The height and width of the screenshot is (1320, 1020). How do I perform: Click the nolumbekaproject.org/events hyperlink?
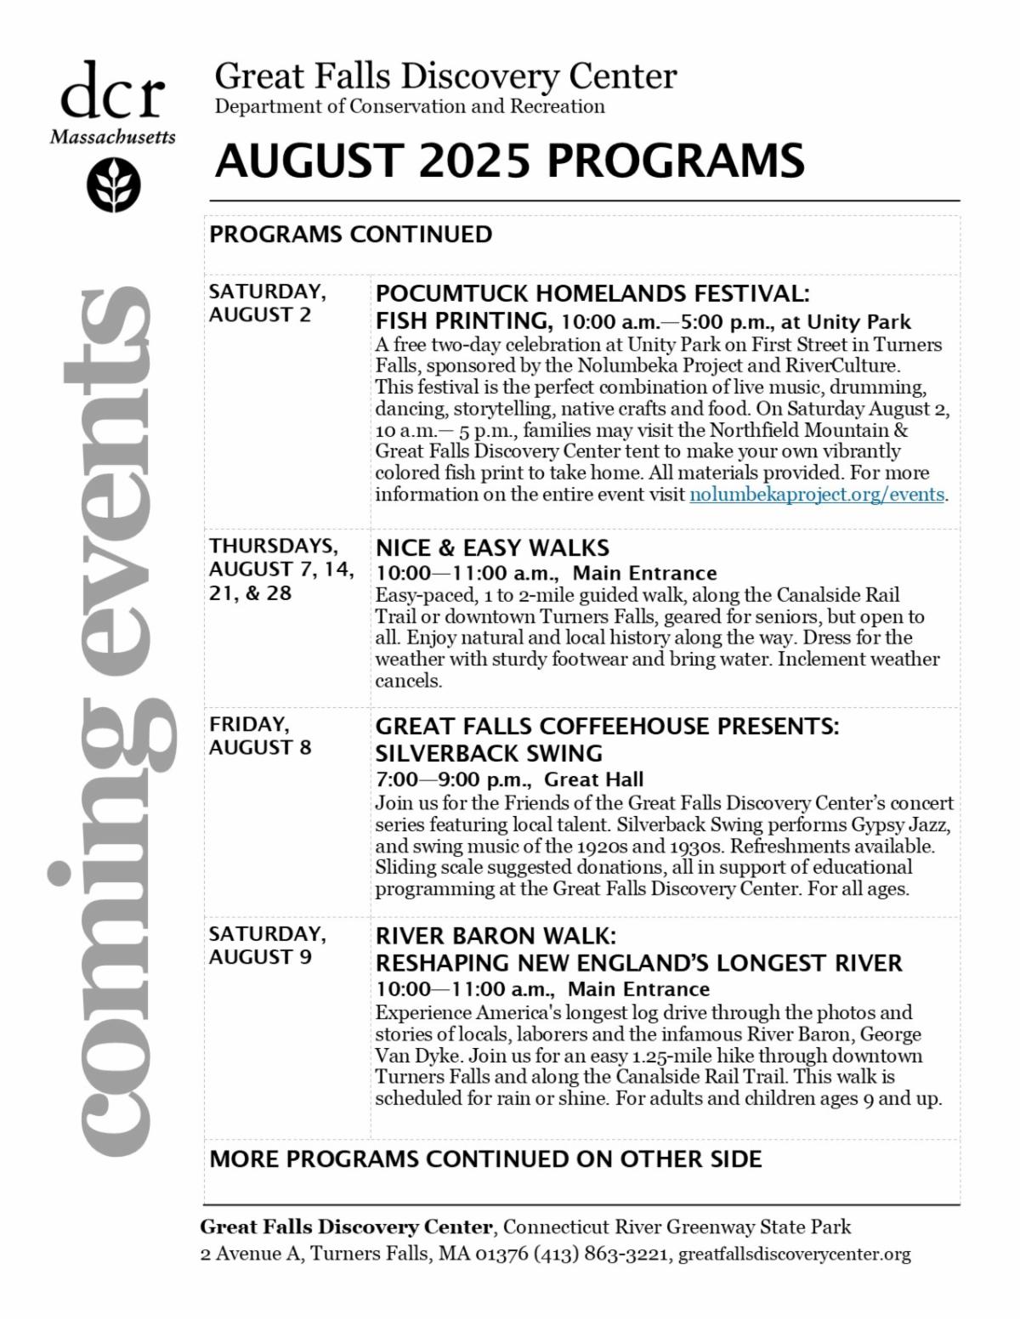[817, 495]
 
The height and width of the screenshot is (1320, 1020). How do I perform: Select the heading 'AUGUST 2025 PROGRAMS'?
[509, 161]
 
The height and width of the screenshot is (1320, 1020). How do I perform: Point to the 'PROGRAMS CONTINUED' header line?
[351, 235]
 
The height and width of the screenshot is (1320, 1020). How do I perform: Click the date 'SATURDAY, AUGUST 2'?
[267, 303]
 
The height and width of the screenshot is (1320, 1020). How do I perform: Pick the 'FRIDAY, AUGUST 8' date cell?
[260, 736]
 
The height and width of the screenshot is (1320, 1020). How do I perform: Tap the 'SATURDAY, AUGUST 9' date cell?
[267, 945]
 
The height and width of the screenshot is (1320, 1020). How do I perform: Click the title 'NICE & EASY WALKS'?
[492, 547]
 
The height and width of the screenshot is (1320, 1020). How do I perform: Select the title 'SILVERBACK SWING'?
[489, 754]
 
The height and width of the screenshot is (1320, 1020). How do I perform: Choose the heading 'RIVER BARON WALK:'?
[496, 937]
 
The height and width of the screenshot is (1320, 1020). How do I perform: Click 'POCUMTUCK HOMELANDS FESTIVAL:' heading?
[592, 294]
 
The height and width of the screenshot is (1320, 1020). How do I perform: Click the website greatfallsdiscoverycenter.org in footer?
[795, 1255]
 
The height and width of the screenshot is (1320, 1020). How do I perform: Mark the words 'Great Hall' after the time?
[593, 779]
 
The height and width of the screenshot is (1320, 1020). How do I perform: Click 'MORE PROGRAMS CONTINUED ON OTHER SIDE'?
[485, 1159]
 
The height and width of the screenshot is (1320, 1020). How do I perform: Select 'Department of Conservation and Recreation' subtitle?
[410, 107]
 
